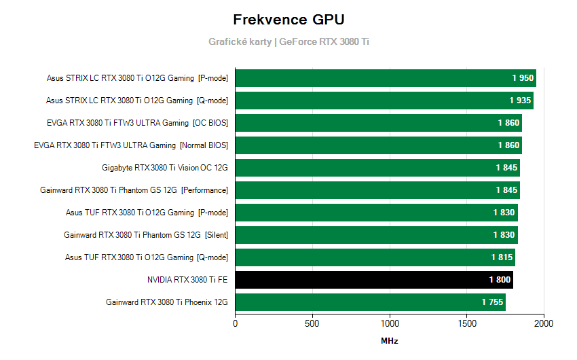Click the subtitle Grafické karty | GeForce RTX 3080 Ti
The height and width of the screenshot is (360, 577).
click(288, 41)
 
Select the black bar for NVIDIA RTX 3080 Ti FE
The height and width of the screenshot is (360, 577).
click(373, 280)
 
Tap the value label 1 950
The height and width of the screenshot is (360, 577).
click(523, 78)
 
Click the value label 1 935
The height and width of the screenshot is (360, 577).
click(520, 101)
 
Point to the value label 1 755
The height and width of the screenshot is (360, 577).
click(493, 302)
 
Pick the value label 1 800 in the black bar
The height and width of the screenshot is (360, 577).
click(500, 280)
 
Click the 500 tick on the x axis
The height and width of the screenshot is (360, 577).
click(312, 323)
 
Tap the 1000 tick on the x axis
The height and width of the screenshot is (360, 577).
click(390, 323)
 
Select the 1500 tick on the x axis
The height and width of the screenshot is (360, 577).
click(467, 323)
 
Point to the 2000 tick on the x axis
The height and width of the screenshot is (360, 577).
click(544, 323)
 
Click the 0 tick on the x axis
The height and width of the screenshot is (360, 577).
click(236, 323)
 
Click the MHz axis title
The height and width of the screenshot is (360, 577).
click(389, 340)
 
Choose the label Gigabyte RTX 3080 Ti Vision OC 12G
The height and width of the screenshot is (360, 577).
click(165, 168)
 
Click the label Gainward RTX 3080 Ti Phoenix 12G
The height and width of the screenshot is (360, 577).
click(167, 302)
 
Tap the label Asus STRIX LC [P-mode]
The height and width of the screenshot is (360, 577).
click(137, 78)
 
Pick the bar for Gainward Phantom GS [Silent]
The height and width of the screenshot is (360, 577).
click(376, 235)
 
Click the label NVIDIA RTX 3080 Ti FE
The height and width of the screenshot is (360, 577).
click(187, 280)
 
